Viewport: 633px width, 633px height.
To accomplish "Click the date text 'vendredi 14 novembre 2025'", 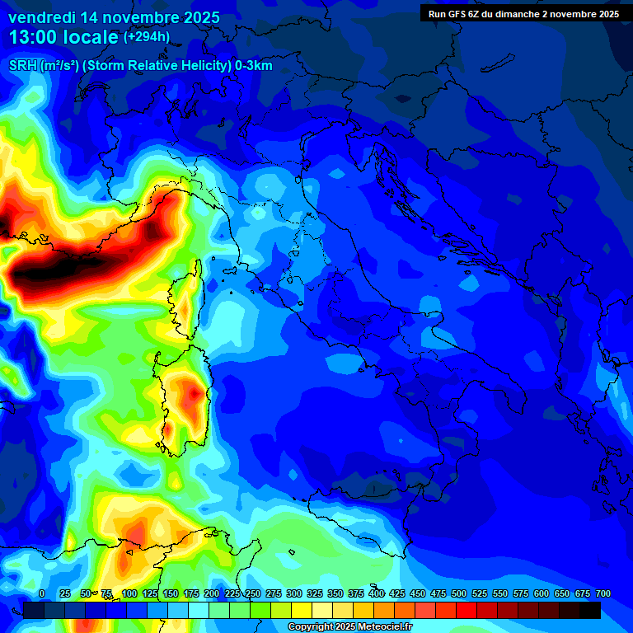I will [114, 17].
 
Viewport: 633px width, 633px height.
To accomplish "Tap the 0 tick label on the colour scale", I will [42, 593].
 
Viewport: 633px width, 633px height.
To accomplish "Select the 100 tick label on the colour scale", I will [129, 593].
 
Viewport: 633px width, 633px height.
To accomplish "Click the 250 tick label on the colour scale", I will [252, 593].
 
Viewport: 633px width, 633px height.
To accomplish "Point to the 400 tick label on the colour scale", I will [377, 593].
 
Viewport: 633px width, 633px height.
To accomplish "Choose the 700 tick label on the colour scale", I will [603, 593].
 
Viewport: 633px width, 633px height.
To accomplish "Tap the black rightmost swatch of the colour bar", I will [590, 610].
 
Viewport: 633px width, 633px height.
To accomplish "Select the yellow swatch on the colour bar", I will [302, 610].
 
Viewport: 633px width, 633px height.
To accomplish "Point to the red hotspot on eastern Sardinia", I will [194, 394].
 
